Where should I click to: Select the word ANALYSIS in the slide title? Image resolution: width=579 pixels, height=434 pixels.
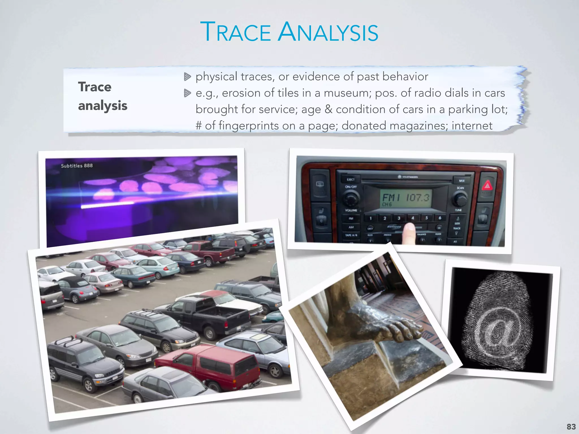328,32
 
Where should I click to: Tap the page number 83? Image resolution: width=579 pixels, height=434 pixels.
571,427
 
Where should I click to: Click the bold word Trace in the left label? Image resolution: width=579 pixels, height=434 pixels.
95,87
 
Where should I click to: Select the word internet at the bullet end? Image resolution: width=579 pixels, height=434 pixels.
472,126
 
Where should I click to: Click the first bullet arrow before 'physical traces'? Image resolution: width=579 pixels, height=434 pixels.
187,77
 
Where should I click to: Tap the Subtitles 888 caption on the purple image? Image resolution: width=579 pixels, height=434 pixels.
77,166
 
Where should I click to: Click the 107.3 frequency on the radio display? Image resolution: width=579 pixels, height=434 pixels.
418,197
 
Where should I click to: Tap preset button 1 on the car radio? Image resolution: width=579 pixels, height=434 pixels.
370,218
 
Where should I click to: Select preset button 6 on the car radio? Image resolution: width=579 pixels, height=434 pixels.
440,218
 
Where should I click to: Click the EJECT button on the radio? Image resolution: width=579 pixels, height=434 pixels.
351,179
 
